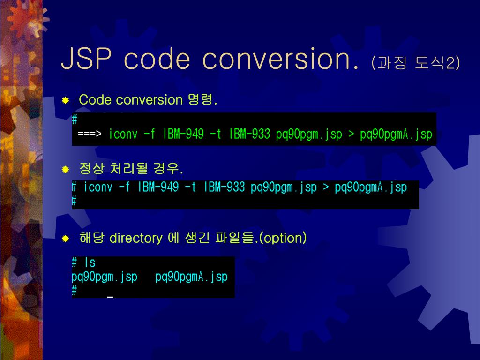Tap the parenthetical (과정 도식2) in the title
[x=415, y=62]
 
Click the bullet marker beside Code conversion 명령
[x=66, y=100]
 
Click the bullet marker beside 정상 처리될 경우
[x=66, y=169]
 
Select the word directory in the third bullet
[x=135, y=238]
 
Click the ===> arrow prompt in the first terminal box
[x=90, y=135]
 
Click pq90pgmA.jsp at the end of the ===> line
[x=396, y=135]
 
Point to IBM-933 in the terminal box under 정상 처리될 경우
[x=225, y=187]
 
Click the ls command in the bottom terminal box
[x=90, y=262]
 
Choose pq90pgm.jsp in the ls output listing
[x=105, y=277]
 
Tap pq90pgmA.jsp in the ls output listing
[x=191, y=277]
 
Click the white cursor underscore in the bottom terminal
[x=110, y=297]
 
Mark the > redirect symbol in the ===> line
[x=351, y=135]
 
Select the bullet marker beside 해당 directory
[x=66, y=239]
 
